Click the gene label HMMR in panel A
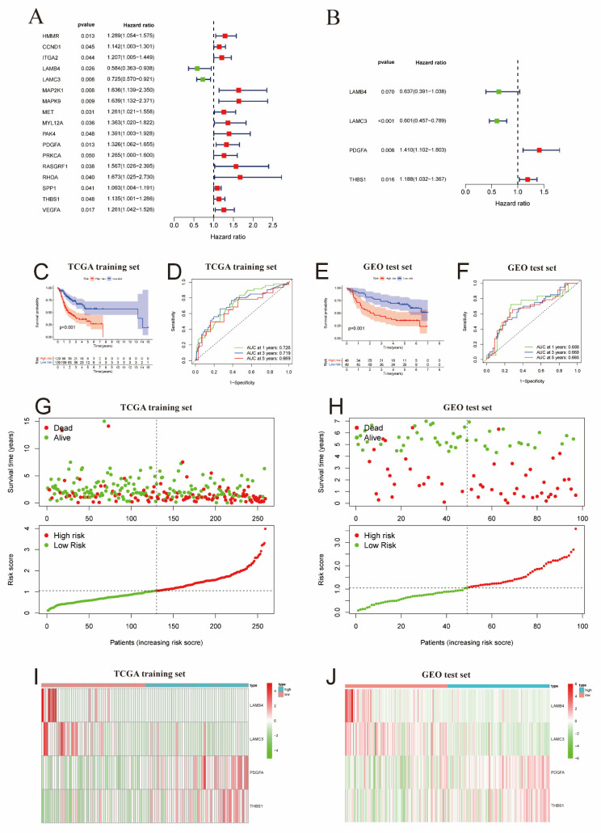49,36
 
